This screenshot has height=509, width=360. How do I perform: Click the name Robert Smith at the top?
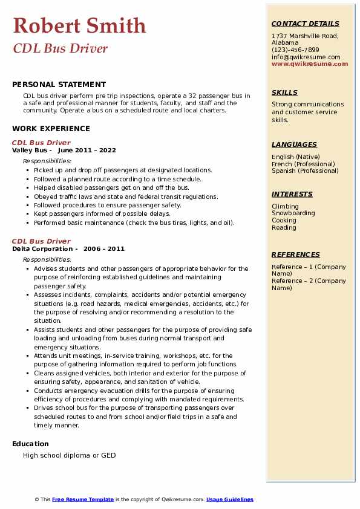pyautogui.click(x=79, y=26)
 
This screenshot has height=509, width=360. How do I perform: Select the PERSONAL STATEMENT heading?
pyautogui.click(x=59, y=85)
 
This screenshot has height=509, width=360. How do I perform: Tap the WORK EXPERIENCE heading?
pyautogui.click(x=51, y=128)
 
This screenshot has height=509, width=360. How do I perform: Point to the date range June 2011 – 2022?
pyautogui.click(x=87, y=150)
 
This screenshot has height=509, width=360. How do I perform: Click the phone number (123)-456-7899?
pyautogui.click(x=295, y=50)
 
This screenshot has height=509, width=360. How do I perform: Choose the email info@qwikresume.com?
pyautogui.click(x=306, y=57)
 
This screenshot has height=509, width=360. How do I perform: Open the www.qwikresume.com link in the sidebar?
pyautogui.click(x=310, y=63)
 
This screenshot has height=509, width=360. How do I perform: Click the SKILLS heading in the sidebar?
pyautogui.click(x=284, y=92)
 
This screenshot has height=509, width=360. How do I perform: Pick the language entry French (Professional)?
pyautogui.click(x=303, y=164)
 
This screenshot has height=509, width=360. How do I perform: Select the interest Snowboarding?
pyautogui.click(x=293, y=213)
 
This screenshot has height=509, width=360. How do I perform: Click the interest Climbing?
pyautogui.click(x=285, y=206)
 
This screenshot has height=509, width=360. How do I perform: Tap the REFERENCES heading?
pyautogui.click(x=296, y=254)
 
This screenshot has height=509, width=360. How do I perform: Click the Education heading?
pyautogui.click(x=31, y=443)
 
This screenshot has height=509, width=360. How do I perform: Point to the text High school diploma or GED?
pyautogui.click(x=69, y=455)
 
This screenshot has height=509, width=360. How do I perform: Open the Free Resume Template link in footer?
pyautogui.click(x=83, y=499)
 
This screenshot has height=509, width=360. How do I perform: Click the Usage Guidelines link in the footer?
pyautogui.click(x=230, y=499)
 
